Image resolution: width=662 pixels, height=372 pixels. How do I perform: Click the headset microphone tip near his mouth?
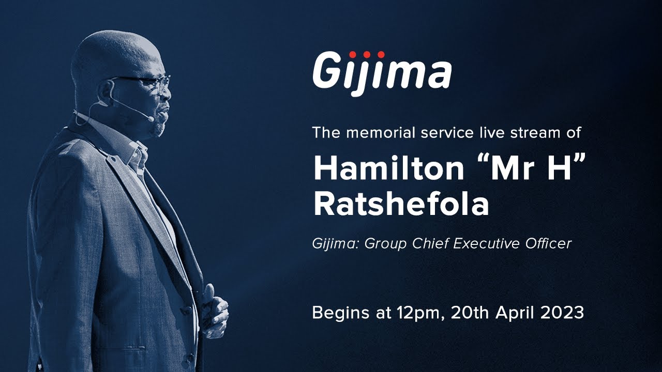pyautogui.click(x=151, y=118)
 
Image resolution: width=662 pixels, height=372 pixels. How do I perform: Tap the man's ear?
pyautogui.click(x=106, y=92)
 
